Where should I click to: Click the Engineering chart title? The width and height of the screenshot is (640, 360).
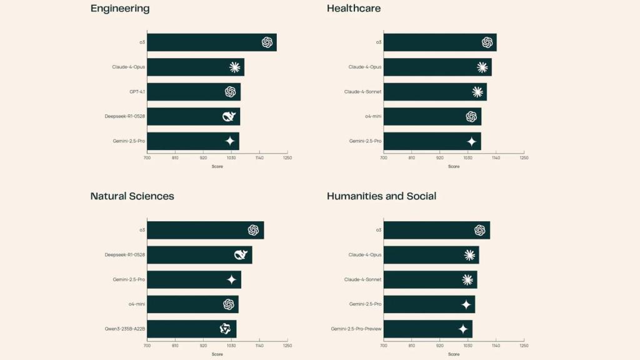pos(120,9)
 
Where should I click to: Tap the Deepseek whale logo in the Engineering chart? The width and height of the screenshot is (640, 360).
pos(229,116)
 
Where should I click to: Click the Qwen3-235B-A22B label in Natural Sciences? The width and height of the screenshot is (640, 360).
pos(125,329)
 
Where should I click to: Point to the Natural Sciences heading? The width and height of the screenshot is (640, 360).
pos(132,196)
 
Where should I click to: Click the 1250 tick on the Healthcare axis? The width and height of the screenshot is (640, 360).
pos(524,157)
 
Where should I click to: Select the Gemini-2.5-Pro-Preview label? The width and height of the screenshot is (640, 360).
pos(356,329)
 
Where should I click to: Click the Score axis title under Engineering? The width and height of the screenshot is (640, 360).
pos(217,166)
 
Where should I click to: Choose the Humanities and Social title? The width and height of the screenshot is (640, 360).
pos(381,196)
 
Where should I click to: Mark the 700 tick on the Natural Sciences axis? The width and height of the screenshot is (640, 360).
pos(147,345)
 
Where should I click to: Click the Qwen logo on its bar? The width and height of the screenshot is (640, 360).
pos(226,329)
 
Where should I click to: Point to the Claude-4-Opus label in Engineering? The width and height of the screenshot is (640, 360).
pos(129,67)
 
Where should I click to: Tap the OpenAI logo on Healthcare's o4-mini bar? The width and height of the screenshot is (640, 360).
pos(471,117)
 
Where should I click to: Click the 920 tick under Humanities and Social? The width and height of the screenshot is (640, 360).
pos(439,345)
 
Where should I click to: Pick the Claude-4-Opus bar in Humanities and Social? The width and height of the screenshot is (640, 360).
pos(431,255)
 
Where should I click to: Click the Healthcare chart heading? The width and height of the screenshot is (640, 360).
pos(354,9)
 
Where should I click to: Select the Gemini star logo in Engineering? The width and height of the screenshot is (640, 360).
pos(230,141)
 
